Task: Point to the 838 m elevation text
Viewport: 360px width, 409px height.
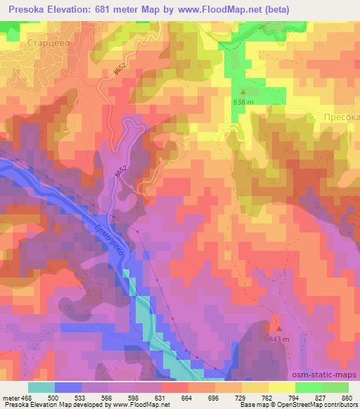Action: pos(244,102)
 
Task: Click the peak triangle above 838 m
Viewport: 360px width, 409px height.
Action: pos(244,91)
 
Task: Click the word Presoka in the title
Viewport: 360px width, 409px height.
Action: pos(24,8)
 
